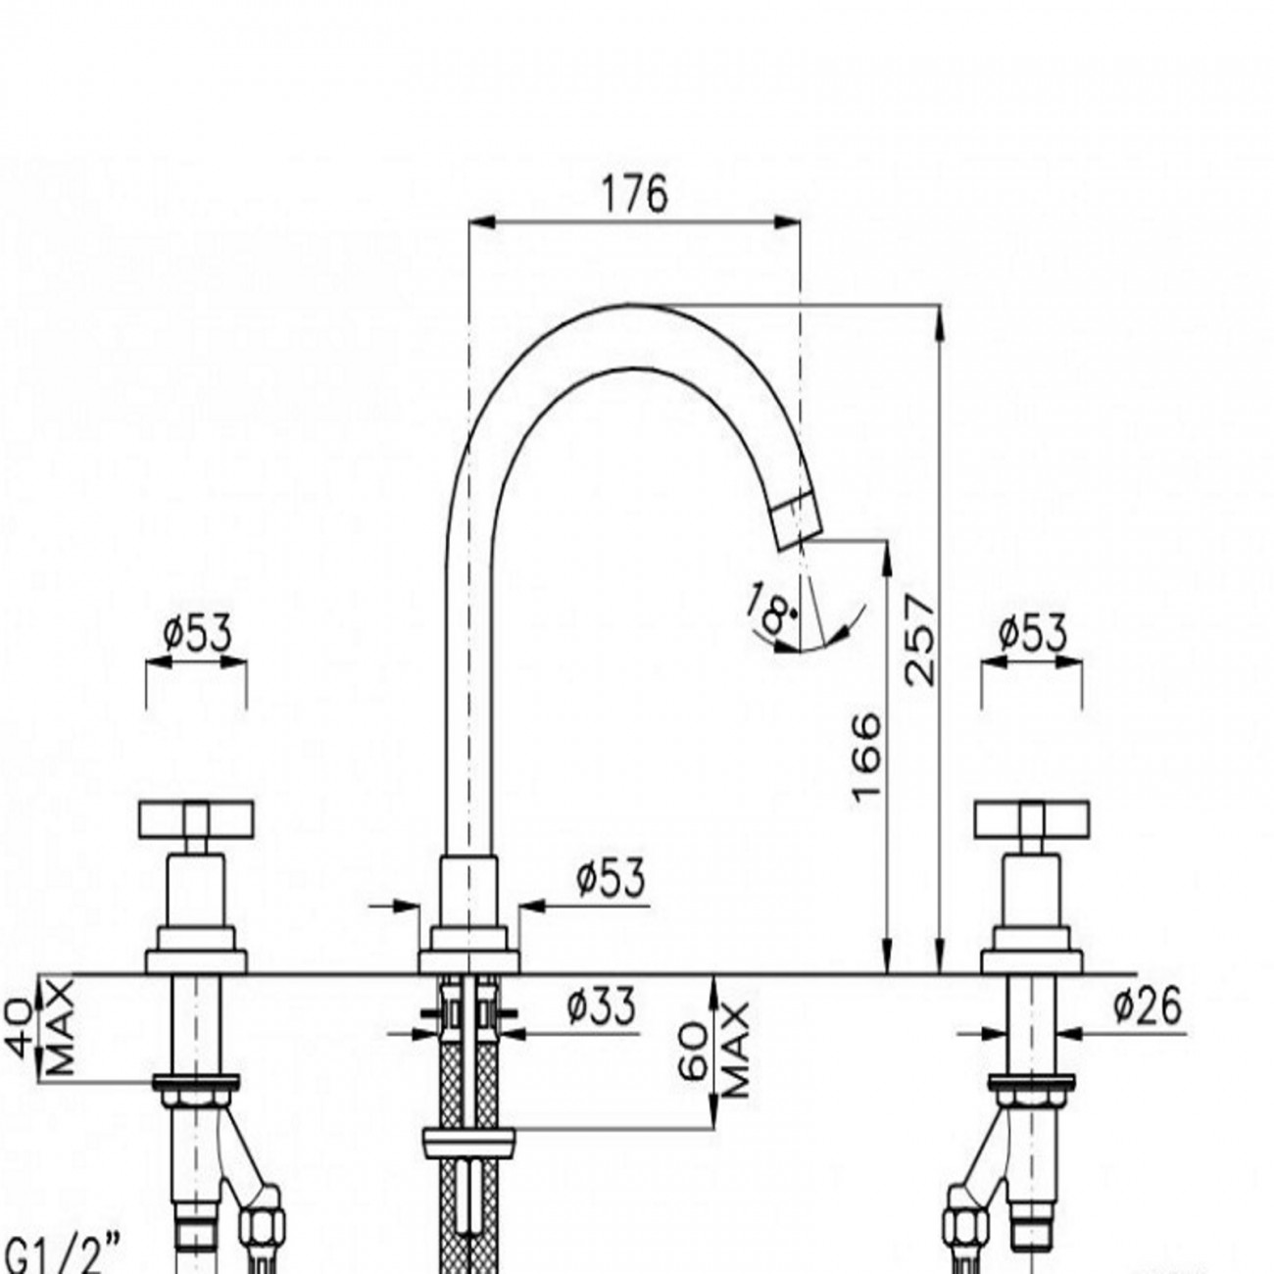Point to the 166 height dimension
click(x=866, y=758)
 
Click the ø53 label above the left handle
click(x=197, y=635)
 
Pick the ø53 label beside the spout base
click(x=611, y=878)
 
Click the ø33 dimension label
click(x=601, y=1006)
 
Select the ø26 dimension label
click(x=1148, y=1005)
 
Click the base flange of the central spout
click(x=468, y=961)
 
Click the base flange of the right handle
click(x=1032, y=961)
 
